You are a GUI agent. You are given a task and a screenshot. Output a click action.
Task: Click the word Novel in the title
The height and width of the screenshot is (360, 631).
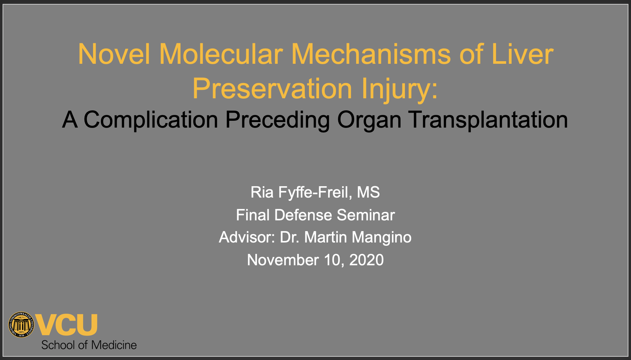pyautogui.click(x=114, y=54)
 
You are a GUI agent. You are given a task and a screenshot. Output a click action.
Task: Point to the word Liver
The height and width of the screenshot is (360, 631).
pyautogui.click(x=522, y=54)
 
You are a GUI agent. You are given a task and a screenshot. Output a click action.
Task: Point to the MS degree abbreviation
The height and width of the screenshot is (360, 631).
pyautogui.click(x=369, y=192)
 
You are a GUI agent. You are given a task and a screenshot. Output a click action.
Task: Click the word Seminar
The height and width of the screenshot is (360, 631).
pyautogui.click(x=366, y=215)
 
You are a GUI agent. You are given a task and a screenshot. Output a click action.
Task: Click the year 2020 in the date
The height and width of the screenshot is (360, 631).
pyautogui.click(x=366, y=260)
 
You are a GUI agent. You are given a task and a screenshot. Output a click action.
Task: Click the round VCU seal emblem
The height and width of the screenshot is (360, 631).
pyautogui.click(x=21, y=325)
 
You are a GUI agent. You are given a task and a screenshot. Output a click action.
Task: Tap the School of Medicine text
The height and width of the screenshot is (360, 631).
pyautogui.click(x=89, y=345)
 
